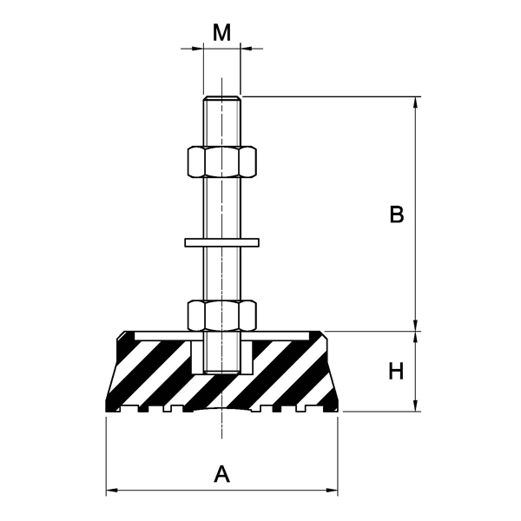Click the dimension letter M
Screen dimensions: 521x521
click(x=222, y=33)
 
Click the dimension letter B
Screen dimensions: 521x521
click(x=396, y=214)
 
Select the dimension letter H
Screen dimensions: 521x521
click(x=396, y=372)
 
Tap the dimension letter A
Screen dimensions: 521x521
click(x=222, y=474)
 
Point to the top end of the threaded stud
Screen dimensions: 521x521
click(x=221, y=98)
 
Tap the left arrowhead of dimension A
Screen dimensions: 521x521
click(x=112, y=491)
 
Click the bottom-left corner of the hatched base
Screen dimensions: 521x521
click(x=107, y=410)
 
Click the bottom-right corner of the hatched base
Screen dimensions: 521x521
click(x=337, y=410)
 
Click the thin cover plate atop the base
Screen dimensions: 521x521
click(x=287, y=334)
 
